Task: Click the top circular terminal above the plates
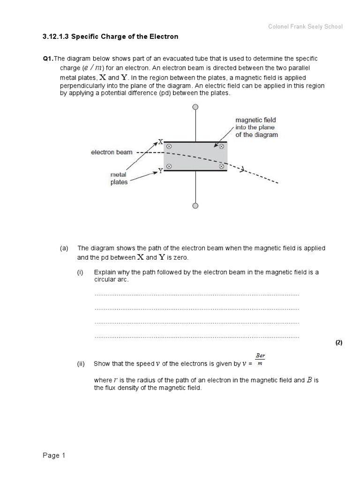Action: (x=195, y=107)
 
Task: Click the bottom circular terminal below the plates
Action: (x=195, y=206)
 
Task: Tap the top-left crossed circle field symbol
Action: (x=169, y=147)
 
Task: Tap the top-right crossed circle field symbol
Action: (x=220, y=147)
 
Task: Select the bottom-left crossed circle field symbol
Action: (x=169, y=166)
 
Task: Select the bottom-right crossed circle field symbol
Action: (x=220, y=166)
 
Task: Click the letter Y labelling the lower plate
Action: (x=160, y=171)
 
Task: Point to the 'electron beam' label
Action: (x=112, y=152)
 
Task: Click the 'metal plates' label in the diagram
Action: (x=119, y=178)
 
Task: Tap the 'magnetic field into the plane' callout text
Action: (x=256, y=127)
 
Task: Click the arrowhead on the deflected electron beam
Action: (x=242, y=170)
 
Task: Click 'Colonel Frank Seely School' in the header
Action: (x=305, y=27)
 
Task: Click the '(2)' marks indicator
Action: (x=339, y=343)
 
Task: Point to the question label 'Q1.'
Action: (x=48, y=59)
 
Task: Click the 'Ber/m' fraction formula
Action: (x=260, y=360)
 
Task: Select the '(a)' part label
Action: (x=64, y=248)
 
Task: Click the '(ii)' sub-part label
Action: (x=82, y=364)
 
